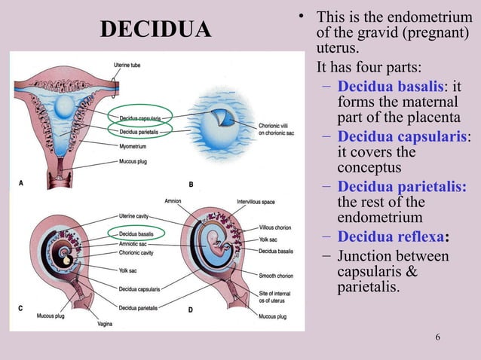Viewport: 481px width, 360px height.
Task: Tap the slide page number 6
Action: (438, 335)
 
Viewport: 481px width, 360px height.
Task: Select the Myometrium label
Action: (133, 146)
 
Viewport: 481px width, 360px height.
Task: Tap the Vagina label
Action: (106, 325)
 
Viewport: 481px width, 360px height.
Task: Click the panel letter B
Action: (191, 184)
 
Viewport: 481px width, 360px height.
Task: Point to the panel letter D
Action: (191, 310)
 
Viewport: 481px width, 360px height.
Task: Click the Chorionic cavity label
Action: (138, 254)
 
